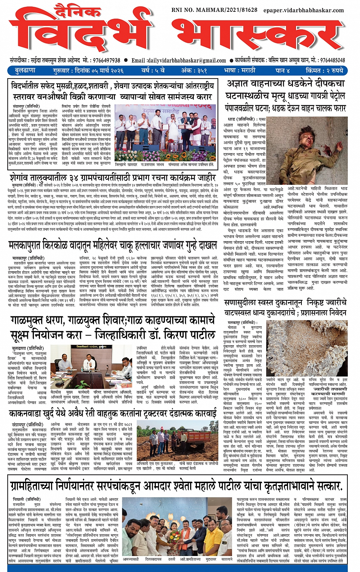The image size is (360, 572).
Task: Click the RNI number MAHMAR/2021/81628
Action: pyautogui.click(x=214, y=10)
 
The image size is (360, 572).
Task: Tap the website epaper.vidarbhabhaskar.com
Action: pyautogui.click(x=304, y=10)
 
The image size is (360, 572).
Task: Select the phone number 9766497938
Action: pyautogui.click(x=104, y=60)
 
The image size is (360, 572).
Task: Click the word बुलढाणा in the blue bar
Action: pyautogui.click(x=25, y=70)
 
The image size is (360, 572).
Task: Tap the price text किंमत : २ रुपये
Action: pyautogui.click(x=325, y=70)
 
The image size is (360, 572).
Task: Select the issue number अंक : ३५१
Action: pyautogui.click(x=194, y=70)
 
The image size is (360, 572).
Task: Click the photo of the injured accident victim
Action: pyautogui.click(x=318, y=151)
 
